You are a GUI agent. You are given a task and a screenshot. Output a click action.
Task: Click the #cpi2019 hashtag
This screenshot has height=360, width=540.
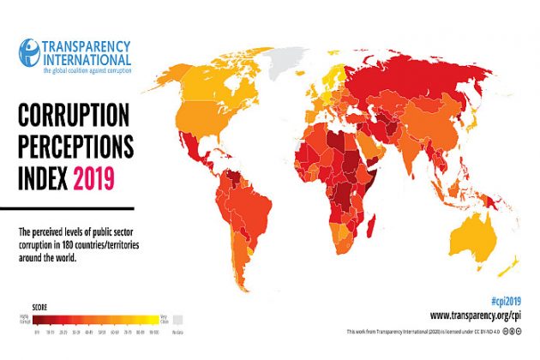507,303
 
